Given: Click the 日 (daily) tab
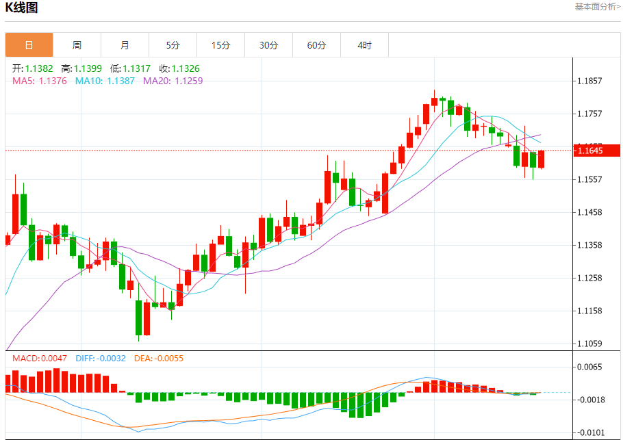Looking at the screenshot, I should point(29,45).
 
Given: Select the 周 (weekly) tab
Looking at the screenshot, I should point(77,45).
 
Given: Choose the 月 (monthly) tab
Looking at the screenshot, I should point(125,45).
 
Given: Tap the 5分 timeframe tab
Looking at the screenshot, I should point(173,45).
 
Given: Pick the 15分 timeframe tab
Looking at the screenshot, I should point(220,45).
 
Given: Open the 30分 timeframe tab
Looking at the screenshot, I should point(268,45).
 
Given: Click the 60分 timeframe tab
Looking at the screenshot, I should point(316,45).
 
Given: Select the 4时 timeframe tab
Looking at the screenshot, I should point(364,45).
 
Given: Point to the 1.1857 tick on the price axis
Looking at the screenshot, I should point(589,81).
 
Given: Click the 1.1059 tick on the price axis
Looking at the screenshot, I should point(589,344).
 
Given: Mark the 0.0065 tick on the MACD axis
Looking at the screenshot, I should point(589,367).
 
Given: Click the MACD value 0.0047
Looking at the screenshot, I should point(54,358).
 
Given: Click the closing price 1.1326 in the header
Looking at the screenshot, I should point(186,68).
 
